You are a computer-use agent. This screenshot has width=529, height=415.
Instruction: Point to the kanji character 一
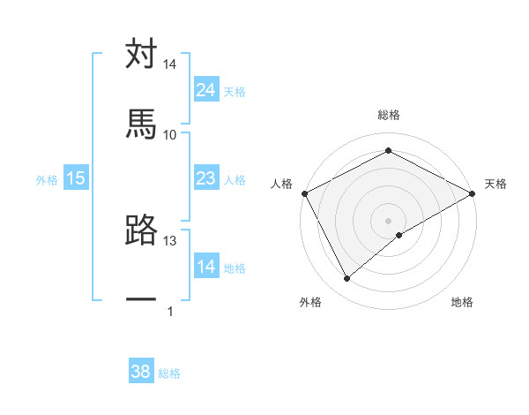coord(141,300)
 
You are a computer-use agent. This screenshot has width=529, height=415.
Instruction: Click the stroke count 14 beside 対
coord(170,64)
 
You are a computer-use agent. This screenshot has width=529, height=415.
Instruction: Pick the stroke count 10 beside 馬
coord(170,134)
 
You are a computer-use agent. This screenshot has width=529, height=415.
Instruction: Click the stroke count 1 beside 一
coord(170,311)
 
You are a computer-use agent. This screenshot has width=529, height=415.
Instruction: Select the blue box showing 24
coord(206,90)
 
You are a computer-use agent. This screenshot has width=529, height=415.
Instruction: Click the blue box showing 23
coord(206,179)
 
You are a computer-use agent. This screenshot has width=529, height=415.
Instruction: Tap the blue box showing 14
coord(206,267)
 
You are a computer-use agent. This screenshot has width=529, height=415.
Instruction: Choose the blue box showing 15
coord(76,179)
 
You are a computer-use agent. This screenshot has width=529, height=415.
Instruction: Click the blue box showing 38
coord(141,372)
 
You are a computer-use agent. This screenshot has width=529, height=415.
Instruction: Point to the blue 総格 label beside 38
coord(169,373)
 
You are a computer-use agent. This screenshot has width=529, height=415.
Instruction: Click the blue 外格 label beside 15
coord(47,180)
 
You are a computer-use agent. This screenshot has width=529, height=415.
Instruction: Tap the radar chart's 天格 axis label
coord(495,184)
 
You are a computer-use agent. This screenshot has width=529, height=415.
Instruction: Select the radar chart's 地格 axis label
coord(462,302)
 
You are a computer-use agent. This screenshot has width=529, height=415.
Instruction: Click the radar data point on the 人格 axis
coord(304,193)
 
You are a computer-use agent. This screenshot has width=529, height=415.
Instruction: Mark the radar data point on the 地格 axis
coord(399,235)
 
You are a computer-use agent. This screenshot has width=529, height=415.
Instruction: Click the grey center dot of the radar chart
coord(388,220)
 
